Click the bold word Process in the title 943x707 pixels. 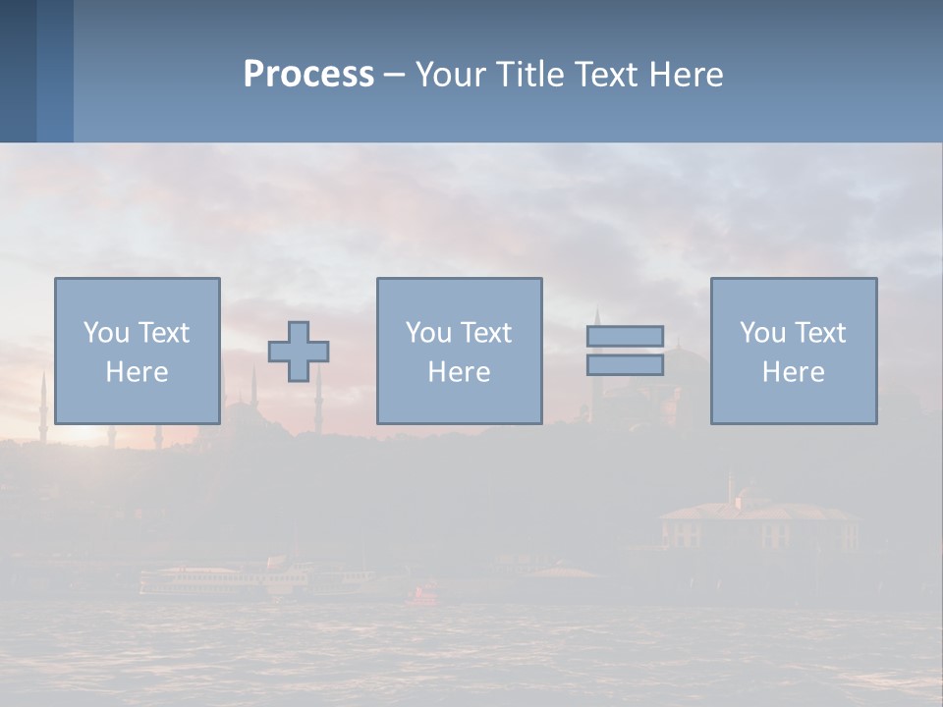308,75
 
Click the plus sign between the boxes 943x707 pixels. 299,351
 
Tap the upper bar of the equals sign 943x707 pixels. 625,336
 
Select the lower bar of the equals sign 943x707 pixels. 625,364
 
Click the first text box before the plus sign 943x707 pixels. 137,351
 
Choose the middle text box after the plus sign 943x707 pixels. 459,351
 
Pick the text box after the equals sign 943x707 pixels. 793,351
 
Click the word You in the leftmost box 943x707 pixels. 106,333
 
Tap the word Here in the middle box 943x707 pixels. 459,372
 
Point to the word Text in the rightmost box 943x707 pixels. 818,333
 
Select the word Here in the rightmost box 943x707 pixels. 793,372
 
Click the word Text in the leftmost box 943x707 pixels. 162,333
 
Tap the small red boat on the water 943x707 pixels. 425,593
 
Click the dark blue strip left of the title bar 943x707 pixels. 19,71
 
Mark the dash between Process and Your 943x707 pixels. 394,76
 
